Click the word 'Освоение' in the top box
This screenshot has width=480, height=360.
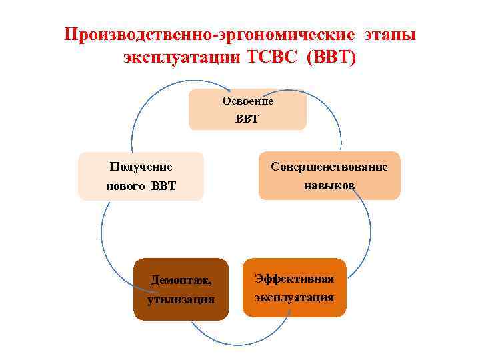(247, 101)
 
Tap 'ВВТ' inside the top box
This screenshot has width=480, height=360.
(247, 120)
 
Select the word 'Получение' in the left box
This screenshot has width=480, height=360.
(141, 167)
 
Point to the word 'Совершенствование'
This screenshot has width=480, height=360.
(329, 167)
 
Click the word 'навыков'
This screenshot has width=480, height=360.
(329, 185)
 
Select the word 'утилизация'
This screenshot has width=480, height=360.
(181, 299)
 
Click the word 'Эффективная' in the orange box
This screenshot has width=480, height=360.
(294, 279)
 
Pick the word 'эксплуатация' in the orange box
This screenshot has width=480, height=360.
(294, 297)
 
